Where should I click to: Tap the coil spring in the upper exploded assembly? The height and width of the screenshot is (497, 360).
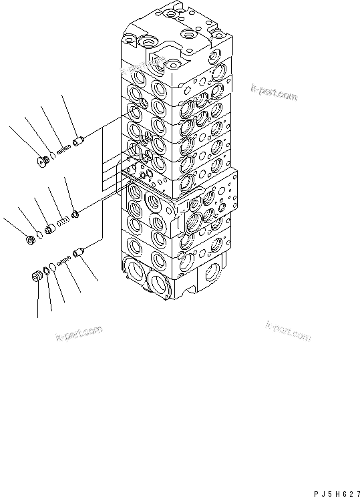[x=65, y=152]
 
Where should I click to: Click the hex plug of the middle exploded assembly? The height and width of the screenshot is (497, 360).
[x=30, y=238]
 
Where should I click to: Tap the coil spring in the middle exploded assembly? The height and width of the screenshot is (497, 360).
[x=62, y=220]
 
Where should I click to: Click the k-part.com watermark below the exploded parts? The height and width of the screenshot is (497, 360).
[x=78, y=332]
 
